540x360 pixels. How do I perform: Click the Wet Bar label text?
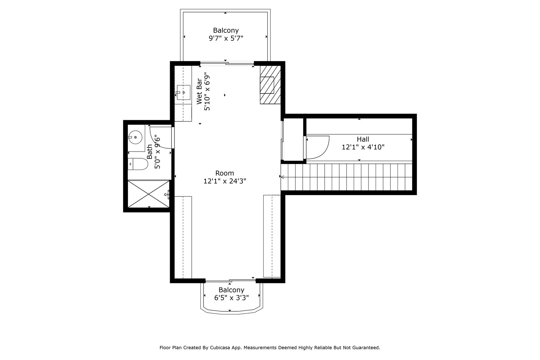(199, 91)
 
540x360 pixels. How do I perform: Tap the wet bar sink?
(184, 92)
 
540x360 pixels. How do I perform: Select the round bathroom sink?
(135, 137)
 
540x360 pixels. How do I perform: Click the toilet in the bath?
(138, 164)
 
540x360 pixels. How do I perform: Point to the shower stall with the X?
(148, 194)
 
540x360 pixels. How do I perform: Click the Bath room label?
(150, 151)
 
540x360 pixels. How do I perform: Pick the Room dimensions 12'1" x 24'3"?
(225, 181)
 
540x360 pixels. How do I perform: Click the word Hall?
(363, 139)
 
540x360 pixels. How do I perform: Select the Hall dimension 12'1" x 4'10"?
(363, 147)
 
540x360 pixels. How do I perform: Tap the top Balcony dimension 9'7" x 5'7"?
(226, 38)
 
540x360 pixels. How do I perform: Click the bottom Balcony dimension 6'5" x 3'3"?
(232, 298)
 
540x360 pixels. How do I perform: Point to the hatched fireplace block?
(270, 85)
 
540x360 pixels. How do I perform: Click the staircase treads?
(346, 177)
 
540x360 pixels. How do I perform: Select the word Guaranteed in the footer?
(366, 348)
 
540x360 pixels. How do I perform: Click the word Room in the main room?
(225, 173)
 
